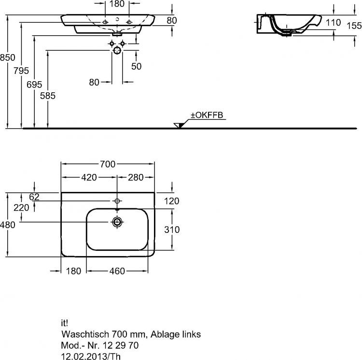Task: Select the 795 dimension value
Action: click(21, 71)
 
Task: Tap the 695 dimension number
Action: click(34, 85)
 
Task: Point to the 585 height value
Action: click(48, 96)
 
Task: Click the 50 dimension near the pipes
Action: click(137, 66)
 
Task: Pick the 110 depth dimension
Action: click(333, 22)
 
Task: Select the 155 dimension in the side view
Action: click(353, 28)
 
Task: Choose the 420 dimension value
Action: click(89, 177)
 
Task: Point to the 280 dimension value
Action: click(136, 177)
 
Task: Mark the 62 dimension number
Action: click(34, 197)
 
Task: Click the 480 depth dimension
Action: click(8, 224)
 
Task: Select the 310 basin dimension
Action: click(171, 230)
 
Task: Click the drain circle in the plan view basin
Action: click(117, 222)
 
